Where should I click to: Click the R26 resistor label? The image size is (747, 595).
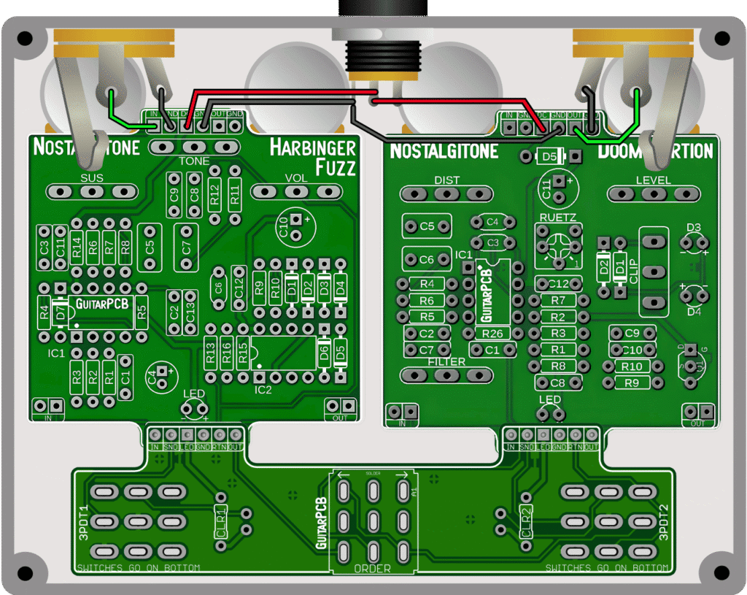click(492, 334)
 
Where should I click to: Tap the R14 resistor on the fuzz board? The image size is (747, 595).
click(77, 247)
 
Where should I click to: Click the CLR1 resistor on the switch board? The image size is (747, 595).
click(221, 523)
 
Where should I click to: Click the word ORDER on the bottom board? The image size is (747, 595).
click(373, 569)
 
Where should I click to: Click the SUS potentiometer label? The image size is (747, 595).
click(92, 177)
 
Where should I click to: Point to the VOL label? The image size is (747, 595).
click(296, 177)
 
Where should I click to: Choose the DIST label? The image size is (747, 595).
click(447, 180)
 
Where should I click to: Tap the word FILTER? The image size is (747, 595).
click(446, 362)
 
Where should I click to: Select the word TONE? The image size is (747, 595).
click(193, 161)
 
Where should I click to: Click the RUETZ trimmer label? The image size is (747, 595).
click(558, 217)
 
